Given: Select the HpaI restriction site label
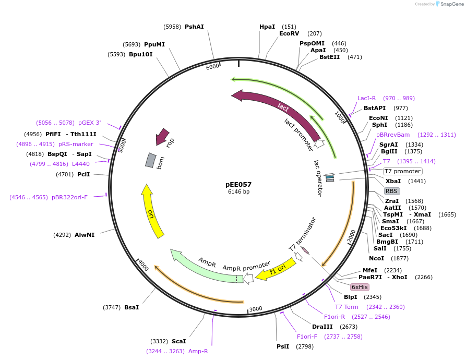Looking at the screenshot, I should (267, 27).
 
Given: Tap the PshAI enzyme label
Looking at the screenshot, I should (194, 27).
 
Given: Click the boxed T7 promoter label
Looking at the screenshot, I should (402, 171).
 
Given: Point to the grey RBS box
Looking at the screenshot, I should (392, 191).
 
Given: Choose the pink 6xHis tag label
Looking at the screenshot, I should (360, 287).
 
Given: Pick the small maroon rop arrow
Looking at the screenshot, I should (163, 137).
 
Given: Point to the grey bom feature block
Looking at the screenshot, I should (150, 161).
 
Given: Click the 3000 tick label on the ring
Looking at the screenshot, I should (255, 309).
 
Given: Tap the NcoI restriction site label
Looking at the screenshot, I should (376, 258).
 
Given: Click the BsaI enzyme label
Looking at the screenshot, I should (132, 307).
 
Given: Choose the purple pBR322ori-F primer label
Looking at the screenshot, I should (69, 197).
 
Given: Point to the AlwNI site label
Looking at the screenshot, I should (85, 235).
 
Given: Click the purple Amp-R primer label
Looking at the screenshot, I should (198, 351).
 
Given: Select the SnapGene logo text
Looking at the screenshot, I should (450, 4).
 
